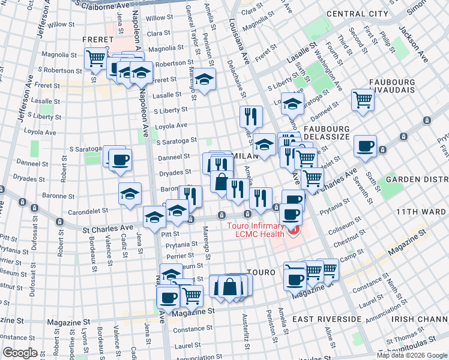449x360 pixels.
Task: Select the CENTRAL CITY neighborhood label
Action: pos(357,13)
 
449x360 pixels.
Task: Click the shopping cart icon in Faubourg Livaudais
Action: pos(363,99)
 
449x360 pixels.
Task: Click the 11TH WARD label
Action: pos(418,212)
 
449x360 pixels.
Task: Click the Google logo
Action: pos(20,353)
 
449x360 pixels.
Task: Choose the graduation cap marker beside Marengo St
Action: pos(204,80)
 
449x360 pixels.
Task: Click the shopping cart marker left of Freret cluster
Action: pos(95,58)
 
